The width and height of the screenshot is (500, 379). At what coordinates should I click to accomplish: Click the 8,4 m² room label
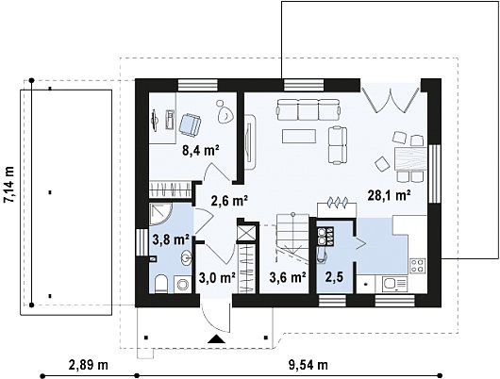point(201,151)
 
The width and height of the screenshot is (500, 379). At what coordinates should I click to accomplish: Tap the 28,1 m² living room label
point(389,195)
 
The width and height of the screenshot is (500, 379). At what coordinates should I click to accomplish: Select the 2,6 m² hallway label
point(229,201)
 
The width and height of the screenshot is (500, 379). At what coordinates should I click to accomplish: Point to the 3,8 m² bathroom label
point(171,239)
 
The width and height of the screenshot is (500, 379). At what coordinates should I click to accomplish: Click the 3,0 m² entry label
point(217,277)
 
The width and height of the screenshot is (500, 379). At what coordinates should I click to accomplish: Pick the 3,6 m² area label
point(288,277)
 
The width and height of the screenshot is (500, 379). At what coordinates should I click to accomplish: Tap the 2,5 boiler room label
point(334,277)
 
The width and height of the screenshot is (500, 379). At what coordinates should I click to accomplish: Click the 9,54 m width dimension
point(308,365)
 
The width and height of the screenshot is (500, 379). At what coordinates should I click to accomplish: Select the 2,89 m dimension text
point(89,365)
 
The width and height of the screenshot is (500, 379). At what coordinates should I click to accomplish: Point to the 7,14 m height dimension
point(8,184)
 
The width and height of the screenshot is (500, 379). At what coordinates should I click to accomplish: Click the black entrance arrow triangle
point(217,338)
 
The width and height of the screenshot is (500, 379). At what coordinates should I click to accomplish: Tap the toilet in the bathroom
point(161,285)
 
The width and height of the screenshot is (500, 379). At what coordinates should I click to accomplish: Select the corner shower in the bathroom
point(160,214)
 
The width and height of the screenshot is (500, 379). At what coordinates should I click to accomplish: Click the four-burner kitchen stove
point(418,266)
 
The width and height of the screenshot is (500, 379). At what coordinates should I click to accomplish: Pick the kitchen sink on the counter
point(395,284)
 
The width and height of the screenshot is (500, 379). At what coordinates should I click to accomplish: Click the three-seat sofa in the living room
point(308,110)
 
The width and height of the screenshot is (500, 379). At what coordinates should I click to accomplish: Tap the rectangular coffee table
point(299,136)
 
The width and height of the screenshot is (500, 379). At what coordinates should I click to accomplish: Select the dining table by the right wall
point(410,158)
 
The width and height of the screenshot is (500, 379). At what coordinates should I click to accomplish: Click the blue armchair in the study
point(191,124)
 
